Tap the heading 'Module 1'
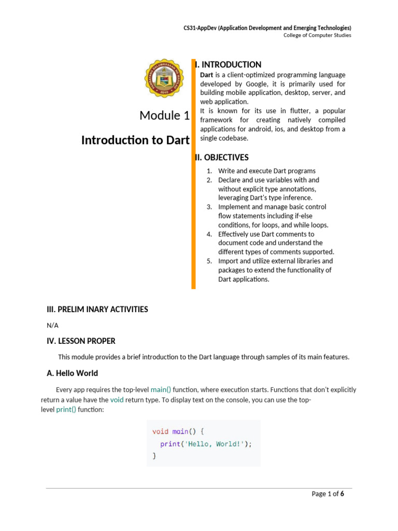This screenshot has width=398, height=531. coord(164,115)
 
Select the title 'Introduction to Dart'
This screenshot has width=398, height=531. coord(135,140)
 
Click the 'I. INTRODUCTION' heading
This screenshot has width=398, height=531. coord(228,65)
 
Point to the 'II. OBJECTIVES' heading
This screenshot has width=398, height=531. coord(222,158)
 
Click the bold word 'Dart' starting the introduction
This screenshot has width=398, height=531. coord(207,75)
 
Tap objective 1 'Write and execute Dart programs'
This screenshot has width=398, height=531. coord(266,171)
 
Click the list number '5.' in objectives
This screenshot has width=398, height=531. coord(209,261)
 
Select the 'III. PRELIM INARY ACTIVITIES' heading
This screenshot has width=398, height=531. coord(97,309)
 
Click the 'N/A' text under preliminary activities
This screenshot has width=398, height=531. coord(53,325)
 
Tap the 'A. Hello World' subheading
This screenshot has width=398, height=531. coord(73,373)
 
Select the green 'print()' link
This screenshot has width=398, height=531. coord(66,410)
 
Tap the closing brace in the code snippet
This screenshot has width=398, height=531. coord(154,456)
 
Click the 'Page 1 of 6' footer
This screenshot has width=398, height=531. coord(328,494)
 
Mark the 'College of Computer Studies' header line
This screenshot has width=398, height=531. coord(317,35)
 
